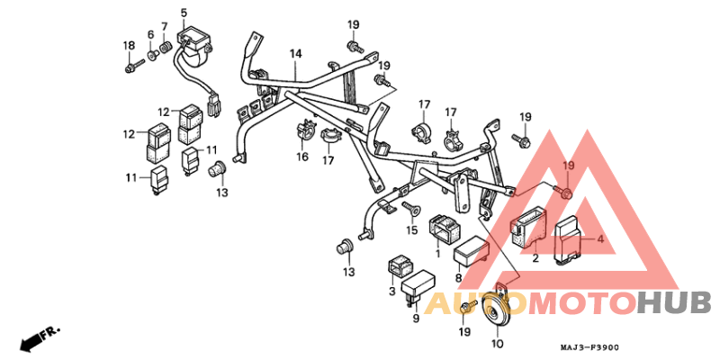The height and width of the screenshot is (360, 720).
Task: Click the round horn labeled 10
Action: (x=494, y=315)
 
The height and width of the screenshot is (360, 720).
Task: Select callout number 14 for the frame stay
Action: (x=296, y=54)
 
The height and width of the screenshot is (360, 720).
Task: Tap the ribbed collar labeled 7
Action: (x=165, y=48)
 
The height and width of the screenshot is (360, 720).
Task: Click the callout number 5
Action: (x=184, y=12)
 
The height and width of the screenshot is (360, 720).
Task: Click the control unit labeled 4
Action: (x=569, y=240)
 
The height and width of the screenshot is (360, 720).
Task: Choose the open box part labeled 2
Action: (x=527, y=228)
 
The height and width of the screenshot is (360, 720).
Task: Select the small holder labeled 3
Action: (x=400, y=267)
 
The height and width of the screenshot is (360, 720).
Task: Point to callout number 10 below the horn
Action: (x=498, y=344)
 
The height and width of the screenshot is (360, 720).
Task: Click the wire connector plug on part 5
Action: (x=214, y=104)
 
